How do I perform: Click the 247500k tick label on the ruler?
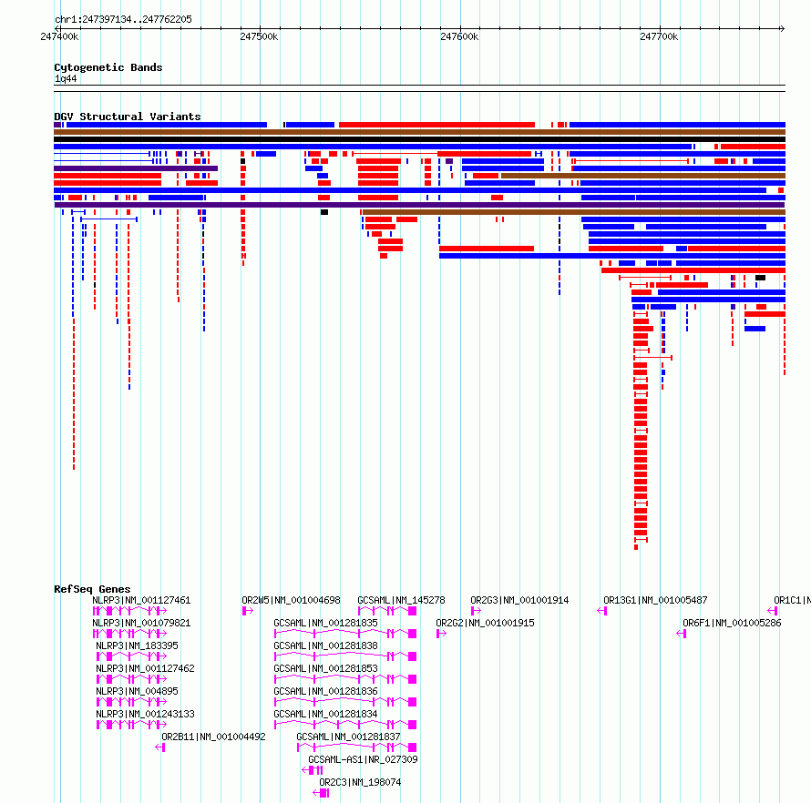tap(259, 36)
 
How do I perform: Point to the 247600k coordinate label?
tap(459, 36)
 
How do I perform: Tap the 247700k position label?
tap(659, 36)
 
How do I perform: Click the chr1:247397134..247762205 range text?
tap(123, 19)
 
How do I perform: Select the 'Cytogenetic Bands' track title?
tap(108, 67)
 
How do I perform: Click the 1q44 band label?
tap(66, 78)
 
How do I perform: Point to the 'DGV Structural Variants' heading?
tap(128, 117)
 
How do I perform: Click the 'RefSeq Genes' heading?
tap(92, 589)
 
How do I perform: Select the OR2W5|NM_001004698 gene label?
tap(292, 600)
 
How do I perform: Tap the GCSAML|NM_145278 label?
tap(401, 600)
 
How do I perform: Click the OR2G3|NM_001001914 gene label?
tap(519, 600)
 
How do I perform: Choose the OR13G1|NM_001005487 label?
tap(655, 600)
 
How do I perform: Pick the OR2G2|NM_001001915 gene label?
tap(485, 623)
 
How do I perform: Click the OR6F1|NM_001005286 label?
tap(732, 623)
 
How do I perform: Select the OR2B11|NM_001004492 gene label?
tap(213, 737)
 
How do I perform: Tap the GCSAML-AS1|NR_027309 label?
tap(363, 759)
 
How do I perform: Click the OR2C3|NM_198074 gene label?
tap(360, 782)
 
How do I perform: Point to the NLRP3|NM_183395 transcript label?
tap(137, 645)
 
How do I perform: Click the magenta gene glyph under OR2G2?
tap(441, 634)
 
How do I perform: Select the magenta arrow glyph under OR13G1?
tap(602, 611)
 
